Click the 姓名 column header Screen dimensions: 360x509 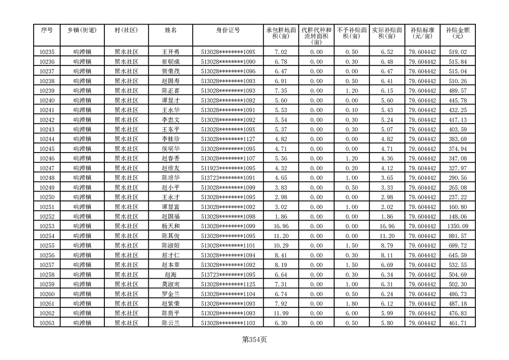(171, 30)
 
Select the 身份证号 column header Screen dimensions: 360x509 (228, 30)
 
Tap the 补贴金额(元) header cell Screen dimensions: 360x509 (457, 33)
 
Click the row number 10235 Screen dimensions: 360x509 (47, 52)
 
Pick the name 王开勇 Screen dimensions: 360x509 (171, 52)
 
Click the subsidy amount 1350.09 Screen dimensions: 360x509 (457, 226)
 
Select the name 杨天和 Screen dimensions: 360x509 (171, 226)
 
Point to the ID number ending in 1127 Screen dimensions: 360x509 (228, 139)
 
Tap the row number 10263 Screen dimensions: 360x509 (47, 323)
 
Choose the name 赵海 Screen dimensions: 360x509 (171, 275)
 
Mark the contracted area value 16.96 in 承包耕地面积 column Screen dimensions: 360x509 (281, 226)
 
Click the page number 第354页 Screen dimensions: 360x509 (254, 340)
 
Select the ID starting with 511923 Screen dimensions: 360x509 (228, 168)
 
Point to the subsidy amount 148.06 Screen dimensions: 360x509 (457, 217)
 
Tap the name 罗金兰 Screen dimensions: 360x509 (171, 294)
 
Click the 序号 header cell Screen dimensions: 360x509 (47, 30)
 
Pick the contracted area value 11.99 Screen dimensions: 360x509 (281, 313)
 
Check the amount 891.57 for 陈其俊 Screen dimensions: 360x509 (457, 236)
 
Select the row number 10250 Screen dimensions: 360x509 (47, 197)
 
